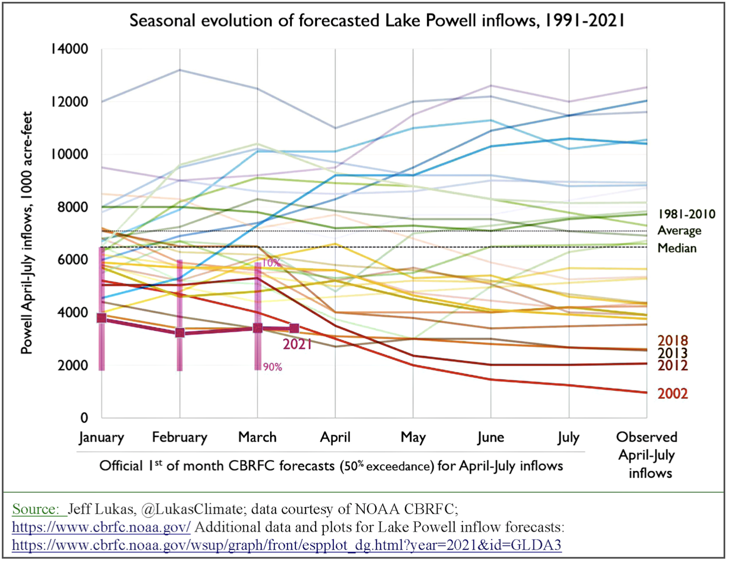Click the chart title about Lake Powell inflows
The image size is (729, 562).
pos(377,21)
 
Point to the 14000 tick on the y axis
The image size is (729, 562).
pos(70,49)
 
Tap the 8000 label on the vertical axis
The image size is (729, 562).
pos(73,207)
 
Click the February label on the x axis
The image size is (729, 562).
pos(179,437)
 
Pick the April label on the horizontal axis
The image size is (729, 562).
pos(335,437)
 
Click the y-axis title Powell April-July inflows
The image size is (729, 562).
pos(27,233)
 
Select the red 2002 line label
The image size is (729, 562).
pos(672,394)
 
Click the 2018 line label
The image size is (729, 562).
pos(672,341)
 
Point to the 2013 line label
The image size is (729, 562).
pos(672,353)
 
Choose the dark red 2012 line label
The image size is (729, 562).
pos(672,365)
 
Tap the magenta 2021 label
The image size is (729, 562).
pos(297,344)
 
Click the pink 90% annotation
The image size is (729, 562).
pos(272,367)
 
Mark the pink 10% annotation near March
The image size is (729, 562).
pos(271,263)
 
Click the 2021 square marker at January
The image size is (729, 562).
pos(101,318)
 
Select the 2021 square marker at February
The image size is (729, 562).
pos(179,333)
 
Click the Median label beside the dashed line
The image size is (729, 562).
pos(677,248)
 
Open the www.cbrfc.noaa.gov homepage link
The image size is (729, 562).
pos(101,527)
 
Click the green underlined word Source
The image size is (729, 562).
pos(35,509)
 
